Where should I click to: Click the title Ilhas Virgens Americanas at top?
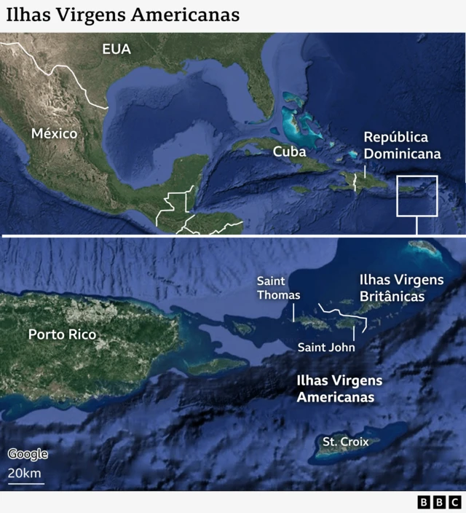pos(123,15)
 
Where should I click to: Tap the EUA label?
pos(116,49)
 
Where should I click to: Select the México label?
pos(54,133)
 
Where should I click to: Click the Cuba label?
pos(289,152)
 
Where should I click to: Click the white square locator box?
pos(416,195)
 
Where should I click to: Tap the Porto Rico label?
pos(62,334)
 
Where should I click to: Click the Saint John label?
pos(326,348)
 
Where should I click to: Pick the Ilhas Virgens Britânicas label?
pos(401,288)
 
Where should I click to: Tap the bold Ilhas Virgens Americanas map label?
pos(339,389)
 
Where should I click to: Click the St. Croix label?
pos(346,442)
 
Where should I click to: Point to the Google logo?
pos(28,454)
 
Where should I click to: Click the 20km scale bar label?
pos(25,474)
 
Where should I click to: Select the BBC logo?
pos(439,502)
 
